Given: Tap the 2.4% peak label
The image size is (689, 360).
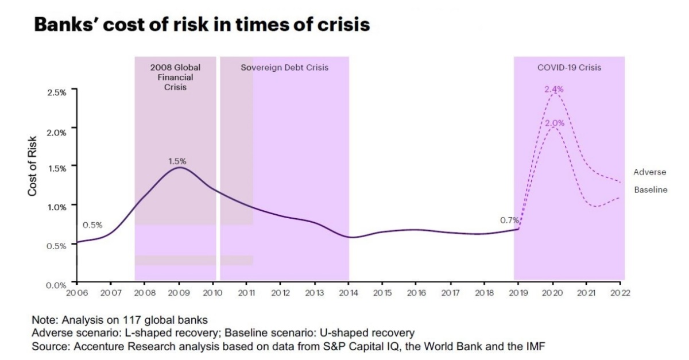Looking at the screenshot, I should coord(554,89).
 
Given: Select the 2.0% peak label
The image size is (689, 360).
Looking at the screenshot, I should coord(554,123).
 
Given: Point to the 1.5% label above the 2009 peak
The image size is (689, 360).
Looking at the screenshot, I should coord(177,161).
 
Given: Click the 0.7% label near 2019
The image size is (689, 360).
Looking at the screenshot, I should coord(509,220).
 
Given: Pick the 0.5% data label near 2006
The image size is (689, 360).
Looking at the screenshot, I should coord(92,225).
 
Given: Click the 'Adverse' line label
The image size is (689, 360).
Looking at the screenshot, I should coord(650,172).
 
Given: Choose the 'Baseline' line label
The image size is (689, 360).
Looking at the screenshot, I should coord(651,190).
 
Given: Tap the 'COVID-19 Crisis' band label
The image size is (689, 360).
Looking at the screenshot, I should coord(569,67).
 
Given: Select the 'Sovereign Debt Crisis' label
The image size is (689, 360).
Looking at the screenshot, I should coord(284,67).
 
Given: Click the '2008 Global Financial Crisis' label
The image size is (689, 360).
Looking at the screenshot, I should coord(175,78).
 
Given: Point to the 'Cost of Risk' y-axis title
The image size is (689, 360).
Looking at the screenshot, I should coord(33,165).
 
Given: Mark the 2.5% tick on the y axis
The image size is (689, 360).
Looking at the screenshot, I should coord(57,91).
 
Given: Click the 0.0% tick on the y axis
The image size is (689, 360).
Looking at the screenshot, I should coord(57,284).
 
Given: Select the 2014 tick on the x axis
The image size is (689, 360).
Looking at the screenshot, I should coord(349,293).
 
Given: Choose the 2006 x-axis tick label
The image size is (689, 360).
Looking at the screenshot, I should coord(76,293).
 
